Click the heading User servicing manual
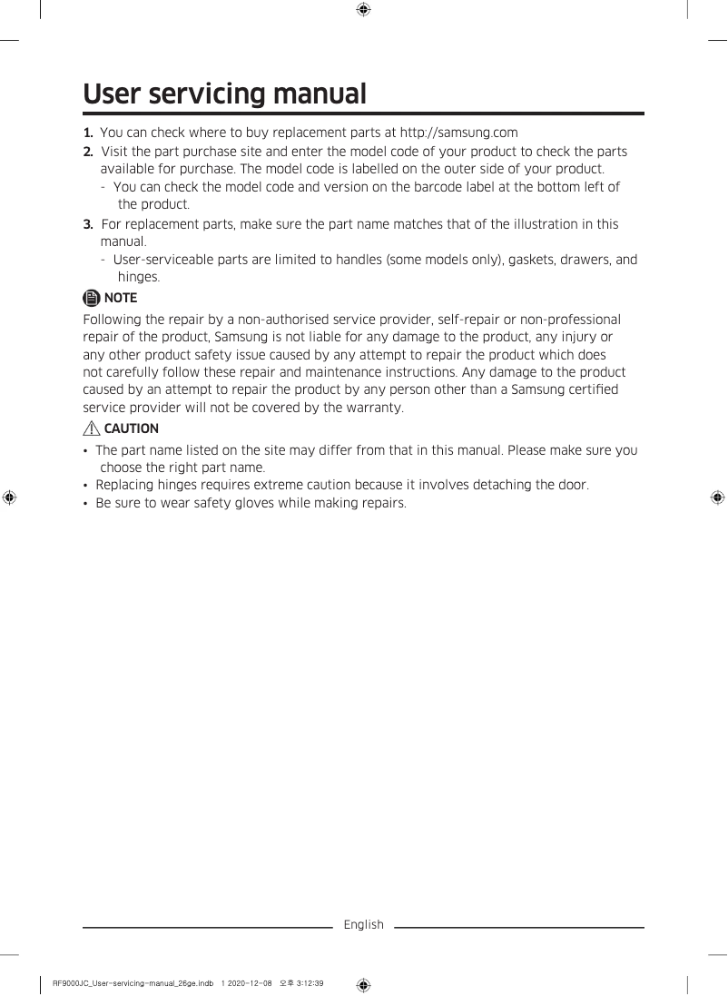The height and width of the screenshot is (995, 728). tap(224, 94)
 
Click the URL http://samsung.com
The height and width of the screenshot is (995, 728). tap(458, 133)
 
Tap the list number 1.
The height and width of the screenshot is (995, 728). tap(88, 133)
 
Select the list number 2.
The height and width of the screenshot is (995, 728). tap(88, 151)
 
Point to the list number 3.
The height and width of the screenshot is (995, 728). tap(88, 223)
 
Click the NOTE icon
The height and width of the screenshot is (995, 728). tap(92, 298)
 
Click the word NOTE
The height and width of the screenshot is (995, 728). tap(121, 298)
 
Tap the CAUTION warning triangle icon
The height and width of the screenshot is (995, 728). tap(92, 429)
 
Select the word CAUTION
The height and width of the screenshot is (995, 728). tap(132, 429)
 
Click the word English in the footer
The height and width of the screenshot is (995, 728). tap(363, 925)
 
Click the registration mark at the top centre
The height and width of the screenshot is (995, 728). tap(363, 10)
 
